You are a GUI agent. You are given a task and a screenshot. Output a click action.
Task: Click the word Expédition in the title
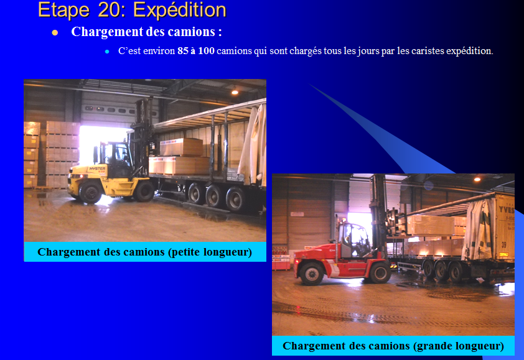click(x=180, y=10)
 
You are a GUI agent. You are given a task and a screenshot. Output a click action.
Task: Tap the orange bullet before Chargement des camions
click(x=55, y=32)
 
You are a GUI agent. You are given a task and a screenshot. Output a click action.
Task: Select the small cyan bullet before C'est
click(x=107, y=52)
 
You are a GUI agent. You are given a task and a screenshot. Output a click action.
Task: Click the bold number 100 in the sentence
click(x=206, y=51)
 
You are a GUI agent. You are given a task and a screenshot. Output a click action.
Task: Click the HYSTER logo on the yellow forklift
click(x=97, y=168)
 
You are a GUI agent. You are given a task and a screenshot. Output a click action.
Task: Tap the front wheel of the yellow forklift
click(x=144, y=191)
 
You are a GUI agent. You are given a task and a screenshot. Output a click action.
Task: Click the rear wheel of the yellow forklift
click(x=90, y=193)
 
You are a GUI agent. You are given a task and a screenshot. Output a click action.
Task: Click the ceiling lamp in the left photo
click(x=235, y=92)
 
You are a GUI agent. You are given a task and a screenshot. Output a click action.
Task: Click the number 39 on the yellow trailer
click(x=503, y=244)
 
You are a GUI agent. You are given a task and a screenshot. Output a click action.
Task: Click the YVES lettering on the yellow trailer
click(x=507, y=210)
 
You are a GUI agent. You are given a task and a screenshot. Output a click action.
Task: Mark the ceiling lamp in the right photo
click(x=477, y=179)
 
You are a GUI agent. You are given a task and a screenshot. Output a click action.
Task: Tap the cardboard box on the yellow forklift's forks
click(x=182, y=147)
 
